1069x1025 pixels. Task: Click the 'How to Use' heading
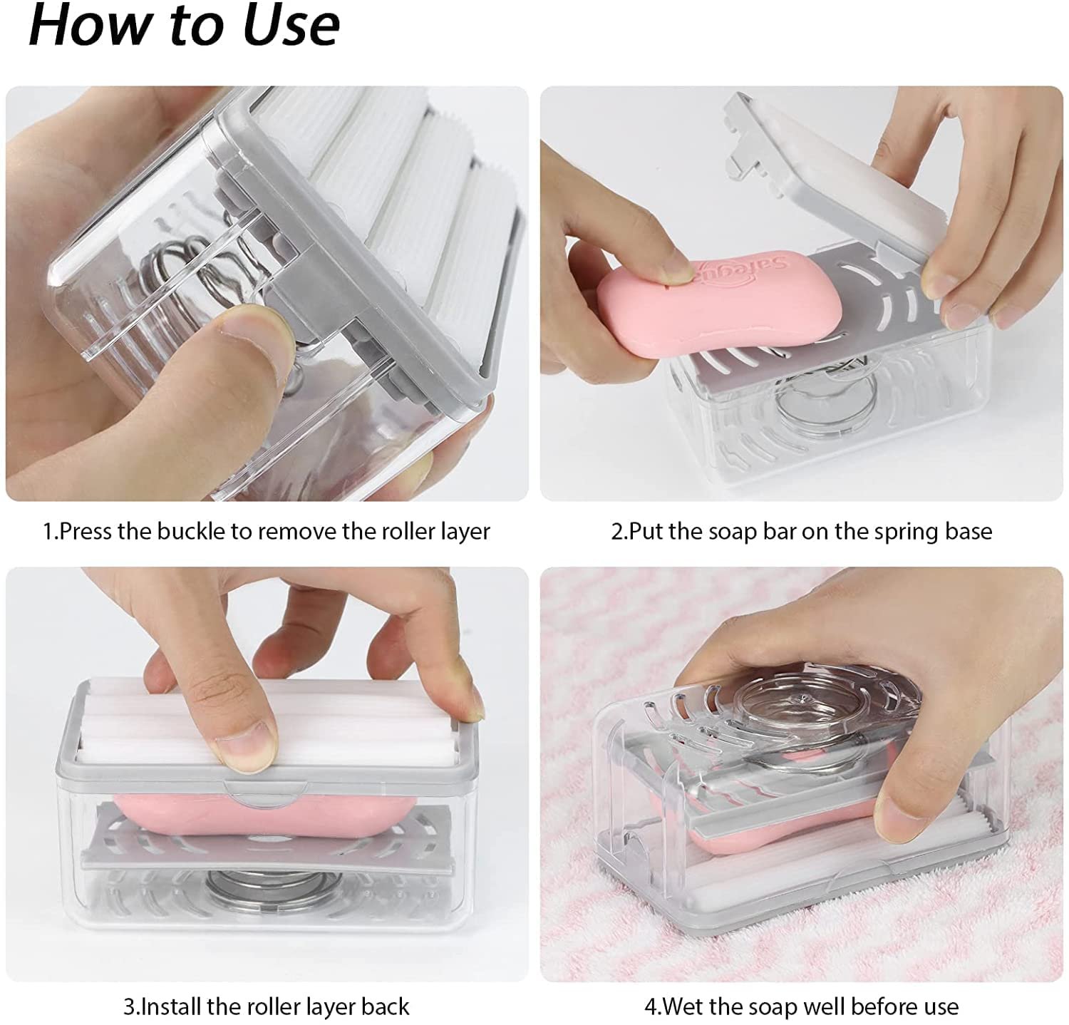[x=184, y=26]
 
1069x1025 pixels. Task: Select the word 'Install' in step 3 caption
[x=173, y=1006]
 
